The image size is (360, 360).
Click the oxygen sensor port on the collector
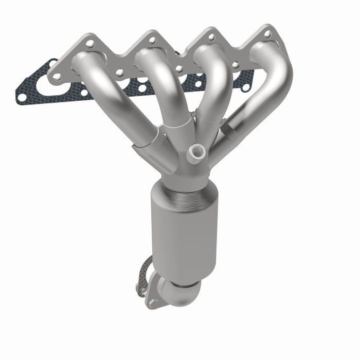(x=195, y=151)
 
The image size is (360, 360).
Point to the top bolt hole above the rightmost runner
(x=268, y=33)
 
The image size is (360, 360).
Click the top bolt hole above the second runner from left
(x=152, y=40)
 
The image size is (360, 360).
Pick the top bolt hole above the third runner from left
(x=210, y=37)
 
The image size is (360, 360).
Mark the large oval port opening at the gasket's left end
(x=46, y=85)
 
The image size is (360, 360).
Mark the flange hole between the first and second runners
(x=119, y=73)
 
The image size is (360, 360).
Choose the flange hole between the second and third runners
(x=178, y=68)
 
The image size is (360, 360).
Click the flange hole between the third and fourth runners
(x=236, y=65)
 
